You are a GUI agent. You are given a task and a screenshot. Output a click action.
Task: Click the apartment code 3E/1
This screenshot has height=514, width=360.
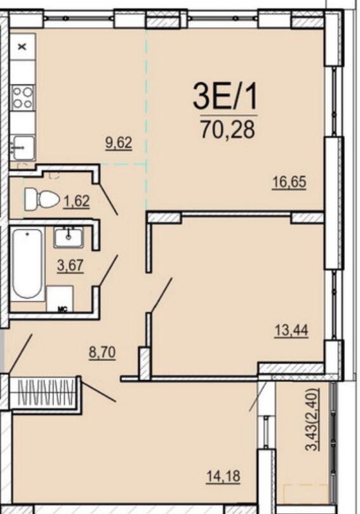pyautogui.click(x=227, y=98)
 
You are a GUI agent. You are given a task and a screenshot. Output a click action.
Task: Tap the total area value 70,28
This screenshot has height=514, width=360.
pyautogui.click(x=227, y=129)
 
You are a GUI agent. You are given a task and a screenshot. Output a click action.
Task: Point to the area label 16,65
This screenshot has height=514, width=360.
pyautogui.click(x=289, y=183)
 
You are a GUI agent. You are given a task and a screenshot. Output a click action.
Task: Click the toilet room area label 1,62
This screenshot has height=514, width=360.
pyautogui.click(x=77, y=202)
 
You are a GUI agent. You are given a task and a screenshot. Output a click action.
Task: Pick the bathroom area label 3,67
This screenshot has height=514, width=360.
pyautogui.click(x=70, y=265)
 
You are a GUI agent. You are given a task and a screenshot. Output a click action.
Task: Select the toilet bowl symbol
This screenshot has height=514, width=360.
pyautogui.click(x=41, y=199)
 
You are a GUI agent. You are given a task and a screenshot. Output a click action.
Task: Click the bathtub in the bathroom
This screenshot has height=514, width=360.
pyautogui.click(x=27, y=264)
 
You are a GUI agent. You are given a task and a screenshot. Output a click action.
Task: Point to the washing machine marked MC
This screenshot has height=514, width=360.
pyautogui.click(x=60, y=299)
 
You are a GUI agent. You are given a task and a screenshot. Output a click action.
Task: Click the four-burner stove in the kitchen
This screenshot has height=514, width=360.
pyautogui.click(x=22, y=98)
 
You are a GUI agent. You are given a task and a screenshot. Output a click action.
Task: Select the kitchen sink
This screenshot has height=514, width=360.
pyautogui.click(x=22, y=147)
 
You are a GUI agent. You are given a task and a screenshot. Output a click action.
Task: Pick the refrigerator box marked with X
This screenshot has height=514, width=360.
pyautogui.click(x=22, y=46)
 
